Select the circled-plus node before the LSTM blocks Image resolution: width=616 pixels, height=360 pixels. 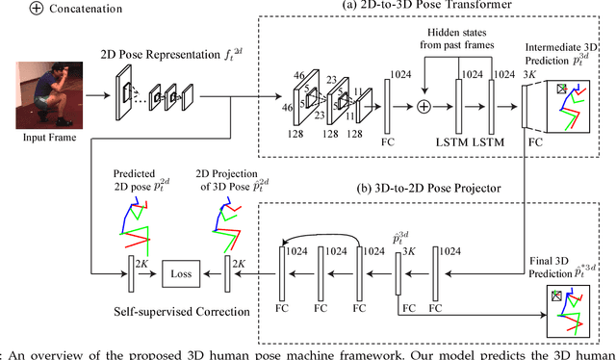422,103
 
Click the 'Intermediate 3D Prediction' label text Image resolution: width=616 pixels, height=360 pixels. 569,56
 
